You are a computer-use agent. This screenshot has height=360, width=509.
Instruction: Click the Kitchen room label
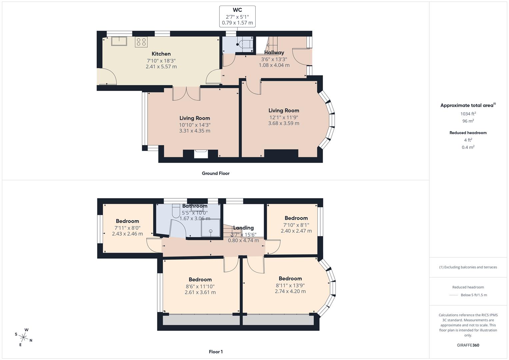coord(161,54)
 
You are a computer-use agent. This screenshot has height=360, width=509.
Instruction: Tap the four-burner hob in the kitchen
coord(141,42)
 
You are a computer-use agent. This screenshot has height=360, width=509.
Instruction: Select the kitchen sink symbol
coord(119,41)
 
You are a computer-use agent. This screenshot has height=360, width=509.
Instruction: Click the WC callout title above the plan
coord(237,10)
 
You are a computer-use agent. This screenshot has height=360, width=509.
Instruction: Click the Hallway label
coord(274,52)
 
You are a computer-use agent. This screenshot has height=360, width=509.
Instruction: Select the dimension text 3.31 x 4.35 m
coord(195,131)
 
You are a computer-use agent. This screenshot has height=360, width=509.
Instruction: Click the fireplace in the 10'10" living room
coord(201,154)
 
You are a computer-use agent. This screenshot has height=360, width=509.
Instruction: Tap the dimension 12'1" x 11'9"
coord(284,117)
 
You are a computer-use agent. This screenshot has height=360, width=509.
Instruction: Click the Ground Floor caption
coord(216,173)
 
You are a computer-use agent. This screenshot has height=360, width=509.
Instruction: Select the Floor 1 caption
coord(216,352)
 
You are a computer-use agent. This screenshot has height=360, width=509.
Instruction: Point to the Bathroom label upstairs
coord(195,206)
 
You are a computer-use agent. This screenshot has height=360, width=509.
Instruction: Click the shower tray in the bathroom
coord(211,227)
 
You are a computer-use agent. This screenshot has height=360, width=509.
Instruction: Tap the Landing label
coord(243,228)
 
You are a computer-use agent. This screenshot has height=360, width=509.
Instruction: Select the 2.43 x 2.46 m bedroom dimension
coord(127,234)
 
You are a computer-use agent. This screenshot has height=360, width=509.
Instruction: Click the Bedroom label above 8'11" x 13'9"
coord(290,278)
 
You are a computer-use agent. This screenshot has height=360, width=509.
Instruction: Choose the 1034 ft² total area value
coord(468,114)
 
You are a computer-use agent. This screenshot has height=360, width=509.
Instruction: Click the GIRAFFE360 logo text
coord(468,345)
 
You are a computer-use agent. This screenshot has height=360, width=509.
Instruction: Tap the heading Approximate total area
coord(467,105)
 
